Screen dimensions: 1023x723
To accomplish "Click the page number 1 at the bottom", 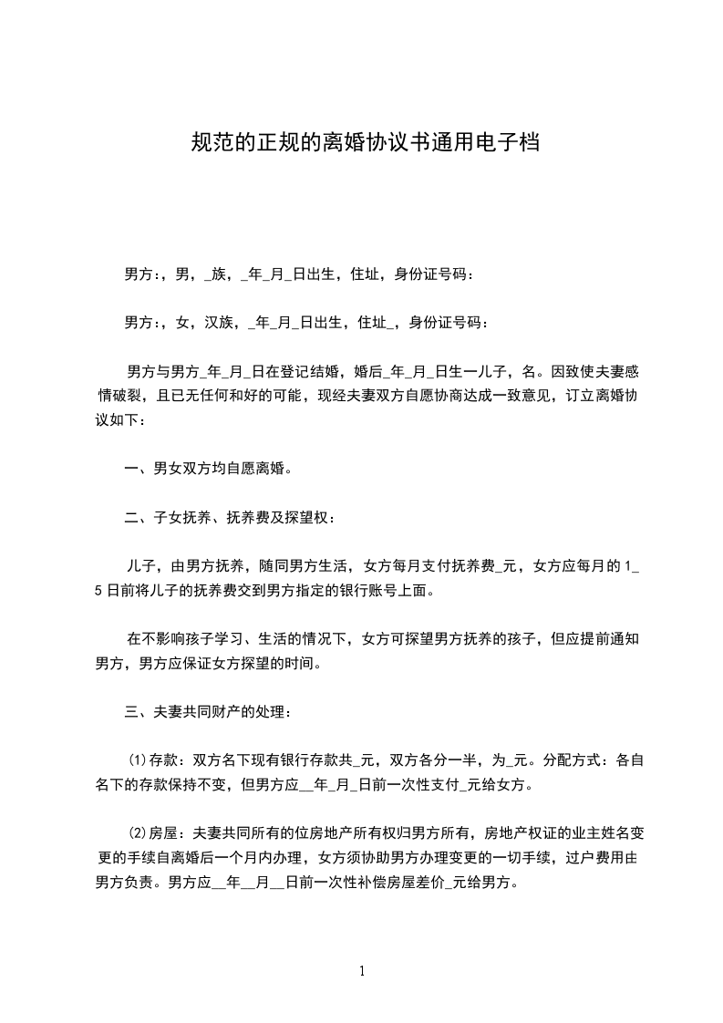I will (x=362, y=971).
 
